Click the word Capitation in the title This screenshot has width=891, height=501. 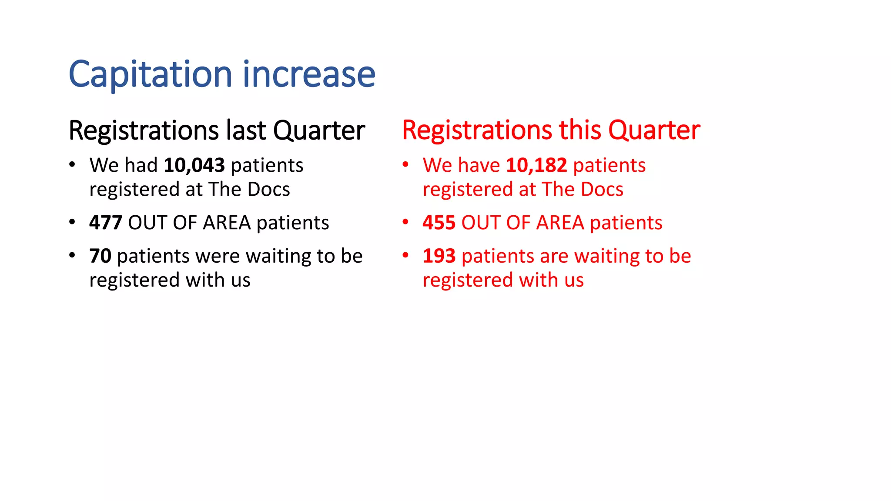click(150, 75)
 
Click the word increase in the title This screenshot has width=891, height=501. click(308, 75)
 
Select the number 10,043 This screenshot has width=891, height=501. click(194, 165)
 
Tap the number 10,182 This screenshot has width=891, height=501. click(536, 165)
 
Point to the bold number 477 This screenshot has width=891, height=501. click(105, 223)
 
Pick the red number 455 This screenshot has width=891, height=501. click(439, 223)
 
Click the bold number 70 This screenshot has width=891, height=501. click(100, 256)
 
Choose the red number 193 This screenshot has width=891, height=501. click(439, 256)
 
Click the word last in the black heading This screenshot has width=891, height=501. click(246, 130)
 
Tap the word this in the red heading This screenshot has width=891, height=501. click(580, 130)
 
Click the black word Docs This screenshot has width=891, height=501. click(268, 190)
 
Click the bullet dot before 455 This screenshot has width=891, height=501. click(405, 222)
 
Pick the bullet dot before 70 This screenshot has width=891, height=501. click(72, 255)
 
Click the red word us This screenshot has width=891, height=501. click(574, 280)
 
